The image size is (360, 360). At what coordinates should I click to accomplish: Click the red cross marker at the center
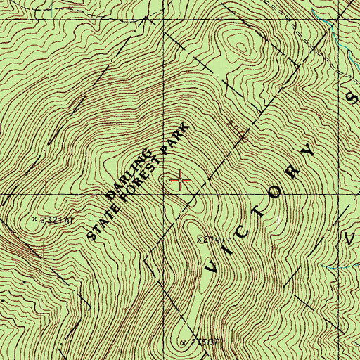click(x=181, y=181)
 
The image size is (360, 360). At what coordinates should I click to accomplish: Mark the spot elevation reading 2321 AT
click(x=54, y=220)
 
